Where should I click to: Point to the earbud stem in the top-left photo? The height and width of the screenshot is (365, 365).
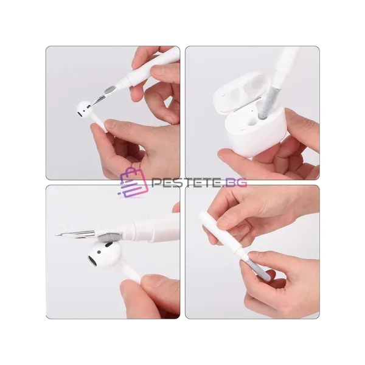point(99,124)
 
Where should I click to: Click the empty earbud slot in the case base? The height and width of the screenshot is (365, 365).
point(252,121)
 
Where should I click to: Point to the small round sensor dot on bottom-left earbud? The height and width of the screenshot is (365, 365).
point(99,252)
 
